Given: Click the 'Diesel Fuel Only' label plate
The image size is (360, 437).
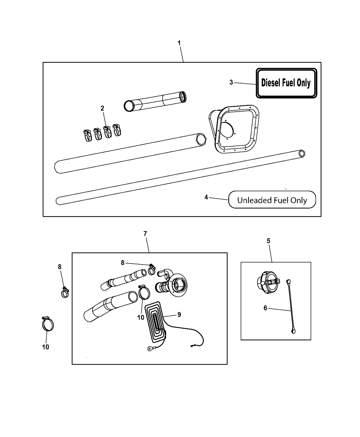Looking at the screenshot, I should (286, 83).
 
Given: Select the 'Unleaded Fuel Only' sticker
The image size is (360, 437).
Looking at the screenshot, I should (272, 200).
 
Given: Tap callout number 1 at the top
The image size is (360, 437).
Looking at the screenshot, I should (179, 43).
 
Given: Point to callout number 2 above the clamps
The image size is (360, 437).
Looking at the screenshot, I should (102, 108).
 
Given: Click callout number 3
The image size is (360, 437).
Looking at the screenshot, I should (231, 82).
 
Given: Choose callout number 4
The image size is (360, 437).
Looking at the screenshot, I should (206, 197).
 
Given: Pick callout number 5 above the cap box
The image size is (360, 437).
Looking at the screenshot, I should (268, 241).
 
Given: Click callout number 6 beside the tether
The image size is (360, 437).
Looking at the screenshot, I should (265, 308).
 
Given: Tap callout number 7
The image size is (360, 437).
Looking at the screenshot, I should (145, 234).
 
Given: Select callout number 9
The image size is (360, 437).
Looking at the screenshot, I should (179, 314).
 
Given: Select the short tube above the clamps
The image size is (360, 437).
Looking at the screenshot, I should (155, 101).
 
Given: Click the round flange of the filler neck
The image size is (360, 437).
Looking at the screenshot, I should (179, 284).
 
